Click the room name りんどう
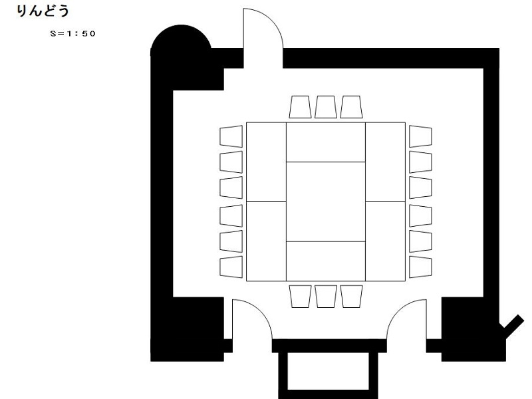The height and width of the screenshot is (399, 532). tap(43, 11)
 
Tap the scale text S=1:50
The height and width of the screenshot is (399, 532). tap(72, 34)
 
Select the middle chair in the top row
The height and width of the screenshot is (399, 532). tap(326, 107)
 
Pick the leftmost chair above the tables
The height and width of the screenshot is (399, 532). tap(300, 107)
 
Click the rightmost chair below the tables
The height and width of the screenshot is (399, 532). tap(352, 297)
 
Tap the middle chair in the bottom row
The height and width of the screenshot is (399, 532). tap(326, 297)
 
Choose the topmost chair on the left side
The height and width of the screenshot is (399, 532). tap(231, 136)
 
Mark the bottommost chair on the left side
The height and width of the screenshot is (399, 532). tap(231, 267)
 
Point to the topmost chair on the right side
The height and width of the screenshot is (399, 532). tap(420, 136)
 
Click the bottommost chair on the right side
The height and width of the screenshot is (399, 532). tap(420, 267)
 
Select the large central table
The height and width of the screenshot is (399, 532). tap(326, 202)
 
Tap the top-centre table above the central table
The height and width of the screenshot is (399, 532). tap(326, 142)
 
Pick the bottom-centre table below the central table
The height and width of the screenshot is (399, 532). tap(326, 261)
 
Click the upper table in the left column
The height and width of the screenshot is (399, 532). tap(266, 162)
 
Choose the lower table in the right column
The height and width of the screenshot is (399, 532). tap(386, 241)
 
